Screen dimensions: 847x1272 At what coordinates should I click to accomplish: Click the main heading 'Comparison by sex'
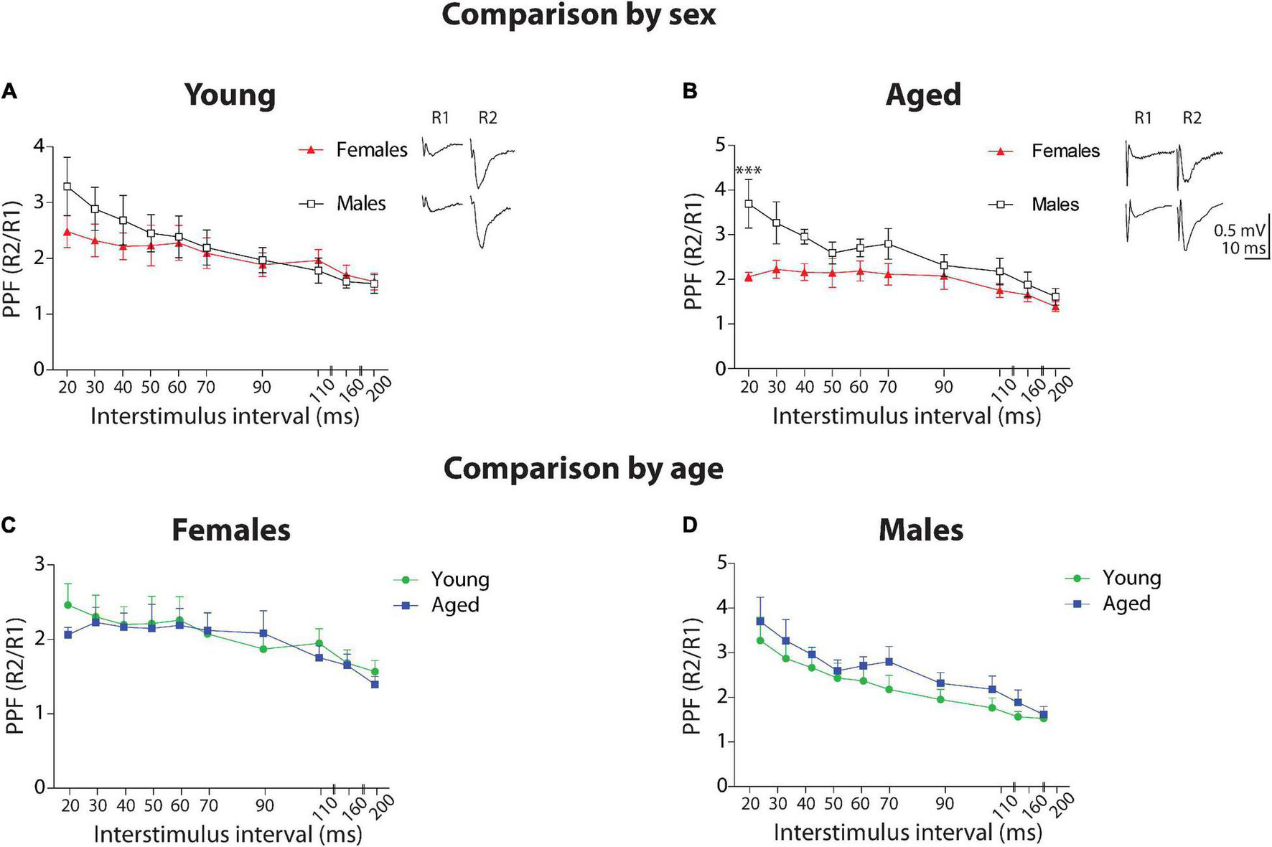579,15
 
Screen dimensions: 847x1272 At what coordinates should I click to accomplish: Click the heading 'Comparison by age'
583,469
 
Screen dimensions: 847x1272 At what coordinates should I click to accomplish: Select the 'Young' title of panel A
230,95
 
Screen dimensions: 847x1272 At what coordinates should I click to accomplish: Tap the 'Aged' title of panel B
923,95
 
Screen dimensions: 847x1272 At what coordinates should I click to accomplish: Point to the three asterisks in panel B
748,171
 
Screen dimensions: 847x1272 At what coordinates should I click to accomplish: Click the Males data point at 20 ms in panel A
67,187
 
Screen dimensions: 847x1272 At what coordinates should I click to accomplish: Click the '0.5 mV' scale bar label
1239,231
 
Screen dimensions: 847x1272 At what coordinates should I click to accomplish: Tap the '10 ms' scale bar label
1243,248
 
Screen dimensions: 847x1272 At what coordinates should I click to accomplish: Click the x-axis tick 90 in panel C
265,806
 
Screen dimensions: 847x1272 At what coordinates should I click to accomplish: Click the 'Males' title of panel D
921,530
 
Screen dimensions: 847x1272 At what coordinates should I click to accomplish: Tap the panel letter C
9,525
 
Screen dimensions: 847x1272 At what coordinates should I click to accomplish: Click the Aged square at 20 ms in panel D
760,622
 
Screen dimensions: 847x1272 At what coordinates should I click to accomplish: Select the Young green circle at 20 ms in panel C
69,605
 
